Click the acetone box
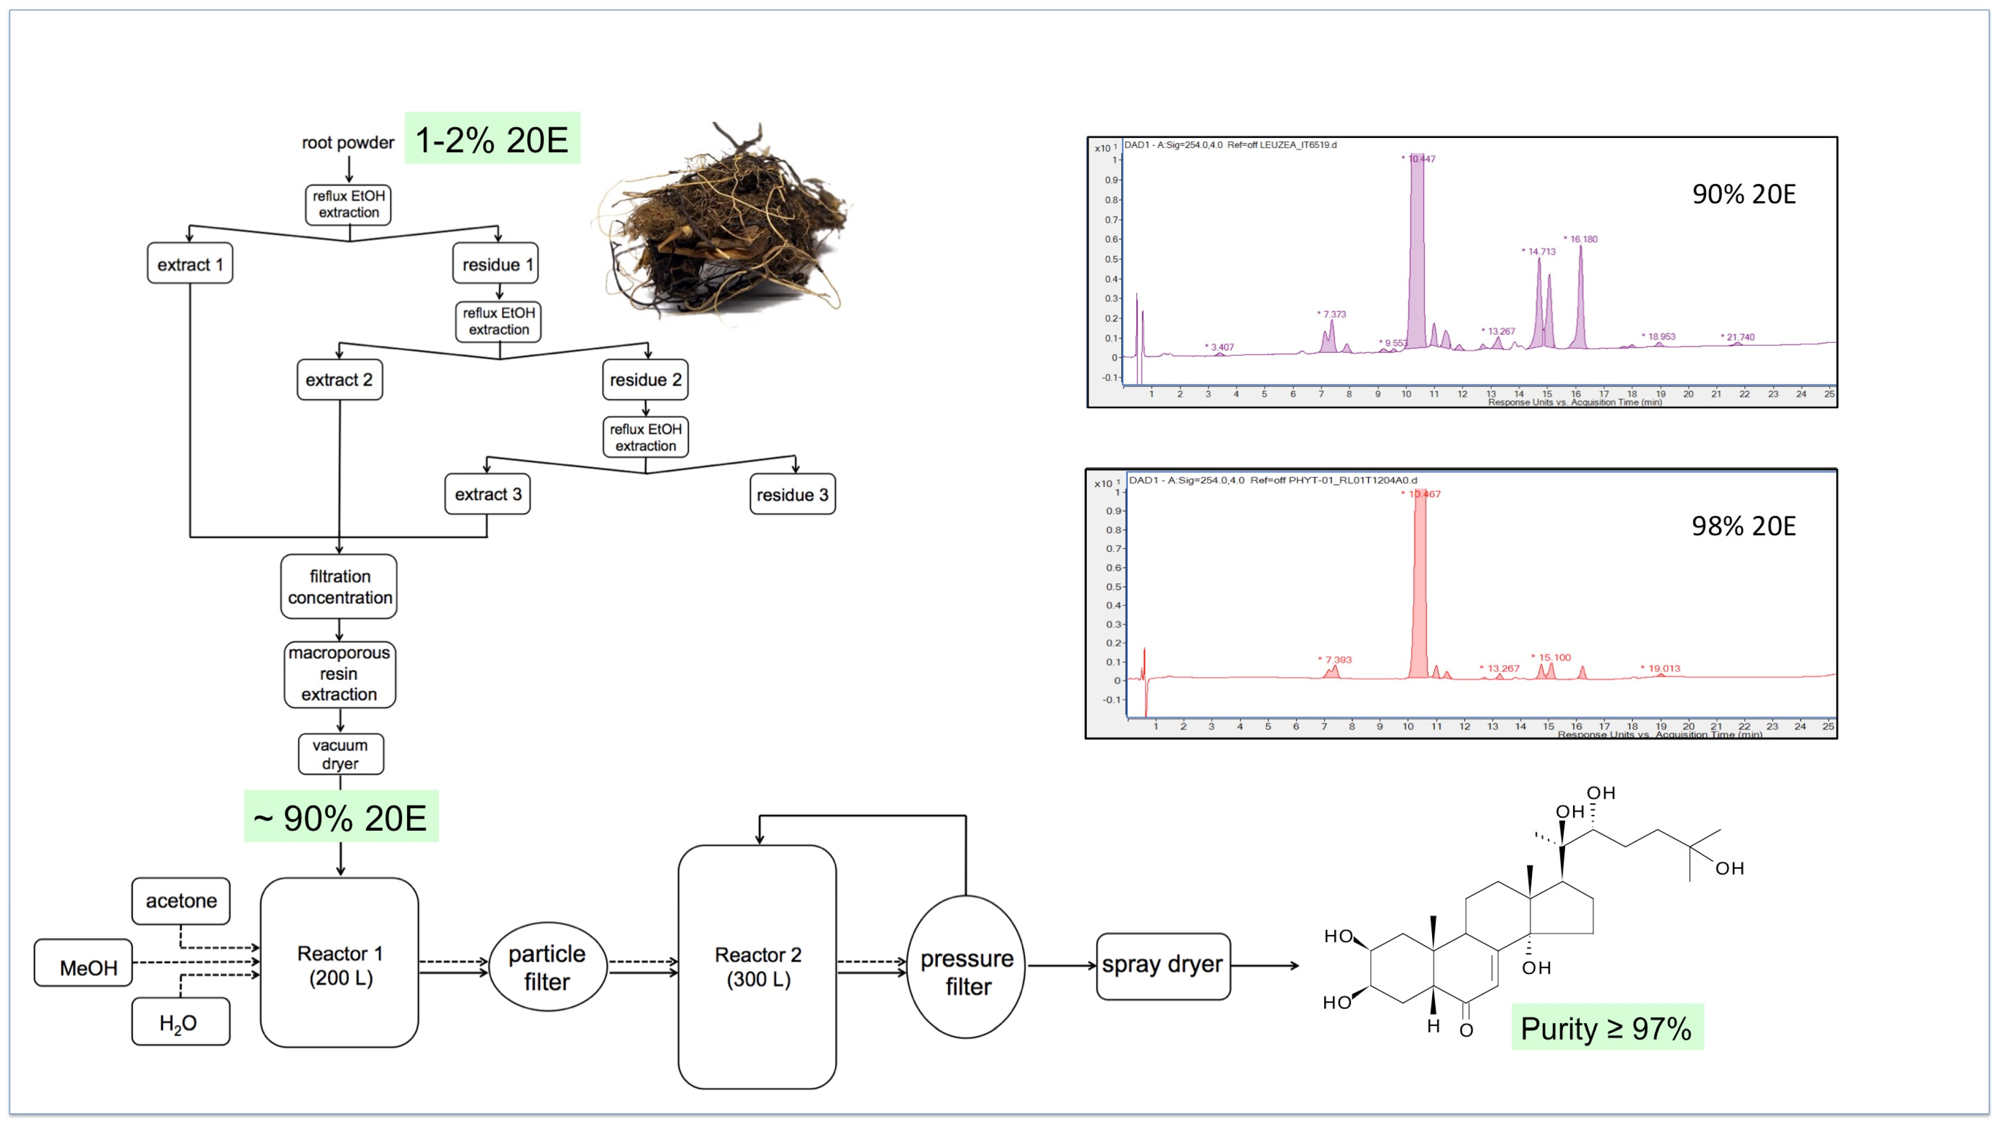click(181, 901)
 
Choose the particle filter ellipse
click(547, 967)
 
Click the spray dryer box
click(1162, 966)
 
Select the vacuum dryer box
click(340, 754)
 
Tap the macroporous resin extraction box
click(339, 674)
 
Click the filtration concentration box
click(339, 587)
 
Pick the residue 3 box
click(792, 495)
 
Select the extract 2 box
click(339, 380)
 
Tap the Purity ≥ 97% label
click(1606, 1028)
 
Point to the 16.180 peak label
click(1582, 239)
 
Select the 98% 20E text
click(1743, 526)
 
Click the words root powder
click(348, 142)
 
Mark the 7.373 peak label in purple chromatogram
click(1334, 314)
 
